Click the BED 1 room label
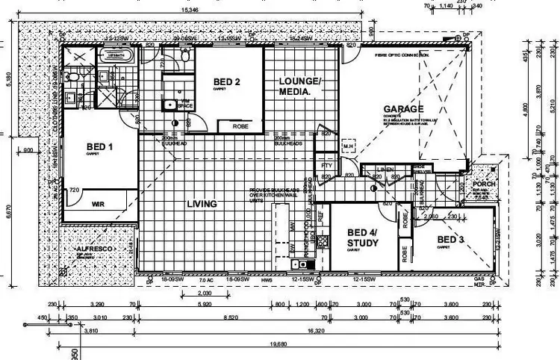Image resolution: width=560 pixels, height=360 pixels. coord(99,147)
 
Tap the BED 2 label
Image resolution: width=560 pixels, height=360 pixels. coord(226,81)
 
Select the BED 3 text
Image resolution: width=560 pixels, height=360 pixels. coord(450,239)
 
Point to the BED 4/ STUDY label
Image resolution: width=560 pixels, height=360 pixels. coord(363,238)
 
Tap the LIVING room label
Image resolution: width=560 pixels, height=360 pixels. coord(202,204)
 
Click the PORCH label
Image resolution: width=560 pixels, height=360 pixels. coord(485,184)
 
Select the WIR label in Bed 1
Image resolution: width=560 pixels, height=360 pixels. coord(98,203)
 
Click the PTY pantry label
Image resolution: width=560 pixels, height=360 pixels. coord(326,165)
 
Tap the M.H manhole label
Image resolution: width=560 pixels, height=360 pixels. coord(346,145)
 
